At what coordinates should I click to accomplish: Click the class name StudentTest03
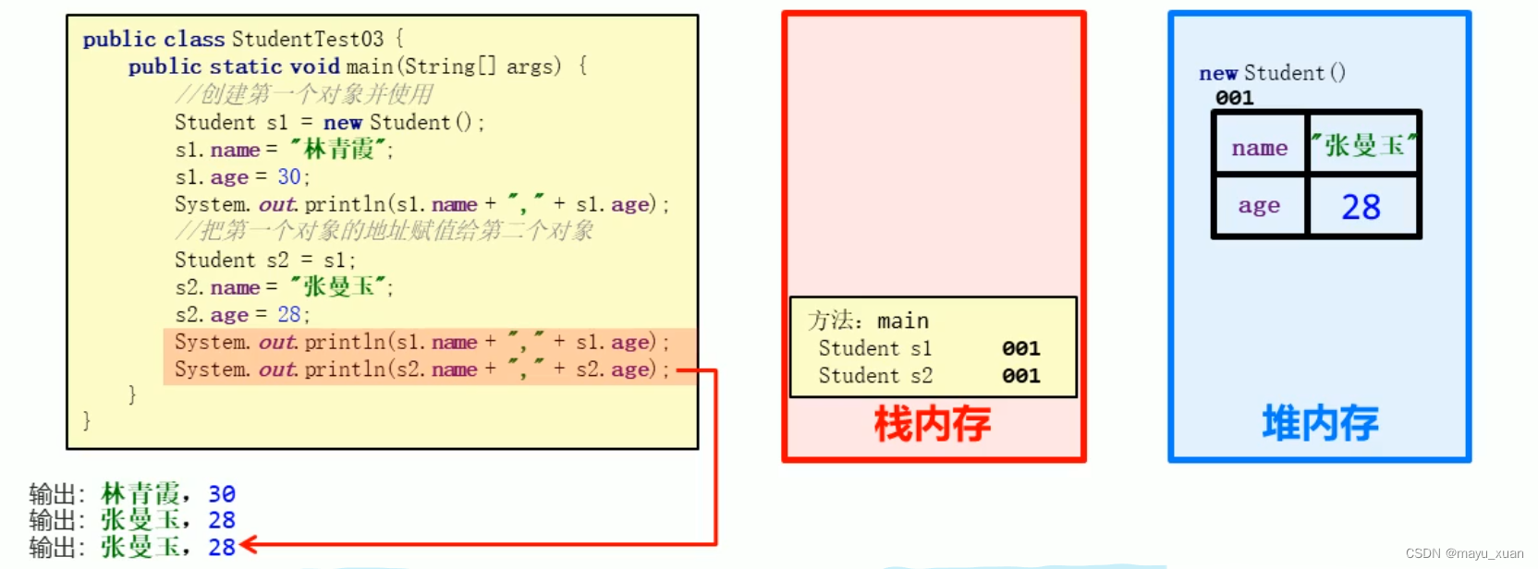[x=307, y=39]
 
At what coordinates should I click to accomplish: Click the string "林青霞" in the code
[x=338, y=149]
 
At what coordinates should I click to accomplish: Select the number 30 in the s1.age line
[x=288, y=176]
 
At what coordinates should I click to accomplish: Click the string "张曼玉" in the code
[x=338, y=286]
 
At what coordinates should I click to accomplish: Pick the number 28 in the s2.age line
[x=288, y=314]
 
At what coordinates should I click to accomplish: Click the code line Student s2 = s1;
[x=265, y=260]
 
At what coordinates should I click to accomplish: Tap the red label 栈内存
[x=932, y=424]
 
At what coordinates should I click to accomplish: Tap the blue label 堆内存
[x=1320, y=423]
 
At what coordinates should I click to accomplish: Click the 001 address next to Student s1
[x=1020, y=348]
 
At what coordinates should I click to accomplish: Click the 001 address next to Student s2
[x=1020, y=376]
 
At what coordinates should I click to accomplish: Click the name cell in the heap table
[x=1259, y=147]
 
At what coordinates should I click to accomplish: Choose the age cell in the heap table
[x=1259, y=205]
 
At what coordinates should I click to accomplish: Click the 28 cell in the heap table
[x=1361, y=207]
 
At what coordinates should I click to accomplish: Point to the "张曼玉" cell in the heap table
[x=1363, y=145]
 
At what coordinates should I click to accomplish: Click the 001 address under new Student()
[x=1234, y=98]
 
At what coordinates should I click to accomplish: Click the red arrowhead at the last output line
[x=248, y=545]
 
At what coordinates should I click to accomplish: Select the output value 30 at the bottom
[x=221, y=494]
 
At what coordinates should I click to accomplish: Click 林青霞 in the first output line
[x=140, y=494]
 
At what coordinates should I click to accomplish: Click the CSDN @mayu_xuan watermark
[x=1464, y=553]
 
